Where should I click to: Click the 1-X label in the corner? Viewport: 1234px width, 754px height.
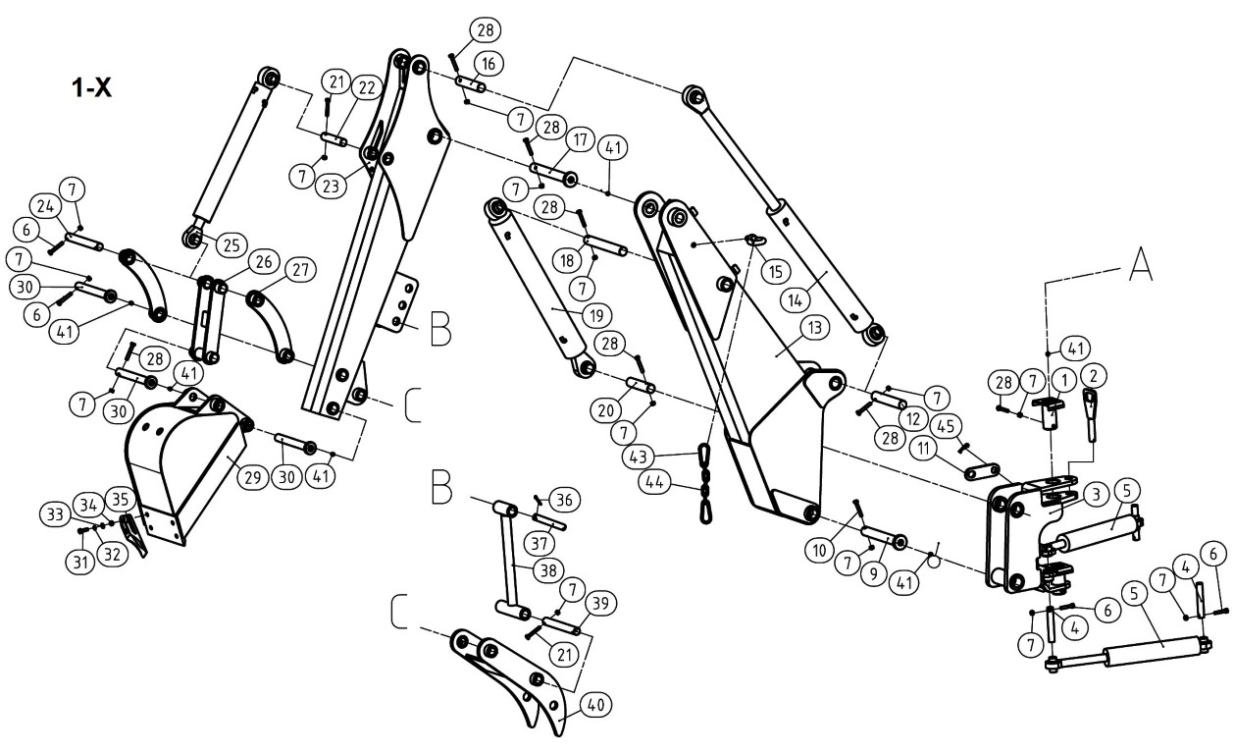coord(91,87)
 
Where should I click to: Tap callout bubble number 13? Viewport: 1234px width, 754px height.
coord(814,327)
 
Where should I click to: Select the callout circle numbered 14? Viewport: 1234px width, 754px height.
coord(795,300)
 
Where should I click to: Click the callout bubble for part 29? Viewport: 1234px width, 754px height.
coord(253,477)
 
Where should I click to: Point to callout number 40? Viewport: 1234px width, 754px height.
coord(596,705)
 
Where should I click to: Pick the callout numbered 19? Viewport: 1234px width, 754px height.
coord(596,316)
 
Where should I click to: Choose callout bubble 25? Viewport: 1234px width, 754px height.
coord(231,245)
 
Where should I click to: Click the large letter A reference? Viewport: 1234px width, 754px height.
coord(1140,265)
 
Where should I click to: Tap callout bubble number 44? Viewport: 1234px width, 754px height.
coord(654,482)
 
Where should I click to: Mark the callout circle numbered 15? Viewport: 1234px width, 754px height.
coord(776,271)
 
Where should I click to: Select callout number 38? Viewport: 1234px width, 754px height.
coord(548,570)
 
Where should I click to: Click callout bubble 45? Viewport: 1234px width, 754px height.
coord(946,426)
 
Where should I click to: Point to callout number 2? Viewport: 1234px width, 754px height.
coord(1094,376)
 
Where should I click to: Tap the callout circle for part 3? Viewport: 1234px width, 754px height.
coord(1096,495)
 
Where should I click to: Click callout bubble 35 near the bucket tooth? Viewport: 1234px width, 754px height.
coord(120,500)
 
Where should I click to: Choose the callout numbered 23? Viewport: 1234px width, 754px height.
coord(331,187)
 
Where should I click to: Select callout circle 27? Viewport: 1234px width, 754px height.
coord(300,270)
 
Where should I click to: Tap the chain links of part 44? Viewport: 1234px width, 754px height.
coord(705,484)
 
